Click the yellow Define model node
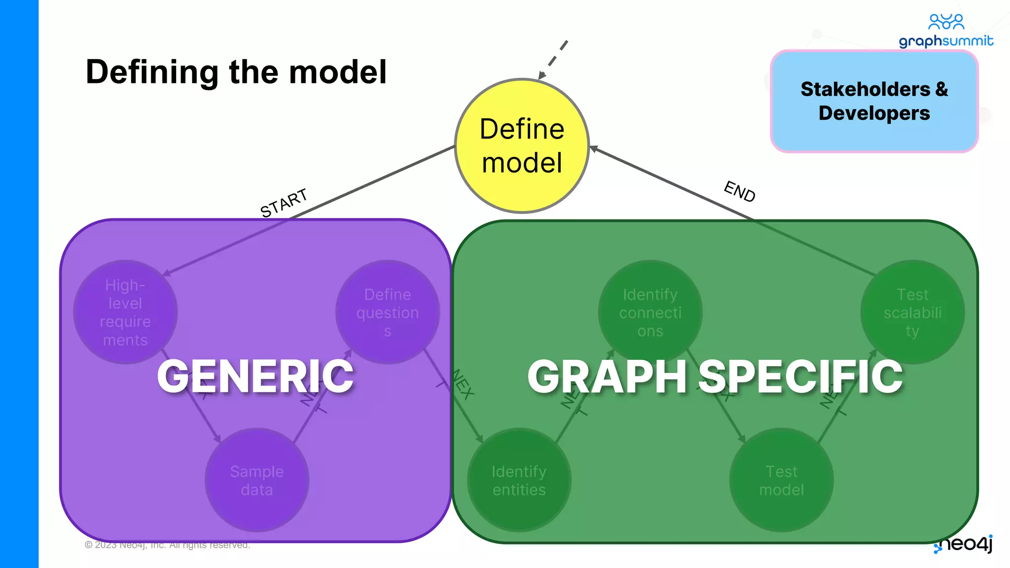click(522, 146)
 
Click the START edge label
click(284, 202)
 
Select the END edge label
click(739, 191)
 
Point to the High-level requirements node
click(125, 312)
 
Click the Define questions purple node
click(388, 312)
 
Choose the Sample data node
click(256, 480)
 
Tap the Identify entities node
click(519, 480)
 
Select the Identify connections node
click(650, 312)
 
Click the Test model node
click(781, 480)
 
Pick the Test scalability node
click(912, 312)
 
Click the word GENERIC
click(255, 377)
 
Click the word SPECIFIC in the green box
click(801, 377)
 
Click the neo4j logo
click(964, 544)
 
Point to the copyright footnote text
click(168, 545)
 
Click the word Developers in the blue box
click(874, 113)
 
